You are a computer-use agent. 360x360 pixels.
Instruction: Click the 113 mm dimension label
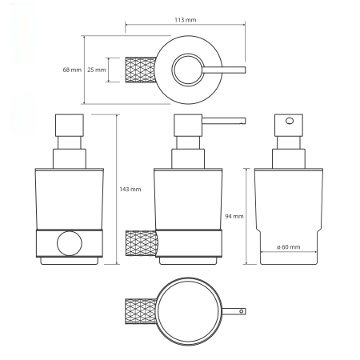click(x=186, y=20)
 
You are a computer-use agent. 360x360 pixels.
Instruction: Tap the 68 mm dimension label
click(x=72, y=70)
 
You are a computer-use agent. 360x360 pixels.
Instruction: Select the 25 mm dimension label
click(x=97, y=70)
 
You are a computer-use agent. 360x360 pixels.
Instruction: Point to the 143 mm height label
click(x=130, y=190)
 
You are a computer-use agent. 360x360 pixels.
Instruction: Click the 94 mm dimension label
click(x=234, y=216)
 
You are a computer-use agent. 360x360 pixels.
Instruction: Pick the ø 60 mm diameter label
click(x=289, y=247)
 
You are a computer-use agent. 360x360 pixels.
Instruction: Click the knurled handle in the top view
click(x=141, y=70)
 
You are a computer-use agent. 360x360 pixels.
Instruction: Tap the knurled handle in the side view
click(x=141, y=244)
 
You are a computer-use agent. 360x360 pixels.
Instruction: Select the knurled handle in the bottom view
click(x=141, y=311)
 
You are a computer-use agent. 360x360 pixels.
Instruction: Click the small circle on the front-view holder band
click(x=70, y=243)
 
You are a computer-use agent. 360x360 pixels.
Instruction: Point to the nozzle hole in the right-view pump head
click(x=290, y=121)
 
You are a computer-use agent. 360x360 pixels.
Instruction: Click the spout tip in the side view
click(x=243, y=122)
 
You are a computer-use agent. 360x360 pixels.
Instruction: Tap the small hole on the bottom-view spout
click(x=242, y=311)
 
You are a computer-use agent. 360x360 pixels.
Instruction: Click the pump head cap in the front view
click(x=70, y=126)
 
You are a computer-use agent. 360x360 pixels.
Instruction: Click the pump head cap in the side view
click(x=188, y=126)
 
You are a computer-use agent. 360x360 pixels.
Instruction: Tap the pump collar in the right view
click(x=289, y=158)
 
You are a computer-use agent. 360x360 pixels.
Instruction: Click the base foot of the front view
click(x=70, y=261)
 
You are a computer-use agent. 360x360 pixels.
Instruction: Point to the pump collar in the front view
click(x=70, y=158)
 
